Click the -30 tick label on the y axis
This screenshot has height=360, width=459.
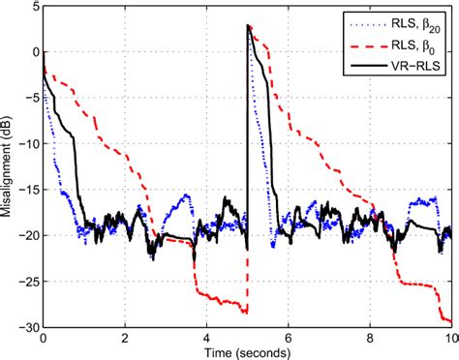pos(26,327)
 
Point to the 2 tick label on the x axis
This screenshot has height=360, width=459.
pos(125,338)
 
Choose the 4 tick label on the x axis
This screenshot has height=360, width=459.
pos(206,338)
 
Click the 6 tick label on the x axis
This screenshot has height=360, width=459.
pos(289,338)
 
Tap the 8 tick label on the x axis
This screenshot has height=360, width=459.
pos(370,338)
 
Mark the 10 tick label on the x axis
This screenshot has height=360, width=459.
pos(449,338)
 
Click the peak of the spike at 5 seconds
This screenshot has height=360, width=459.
pos(249,26)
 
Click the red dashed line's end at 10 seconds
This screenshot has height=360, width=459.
pos(450,322)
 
